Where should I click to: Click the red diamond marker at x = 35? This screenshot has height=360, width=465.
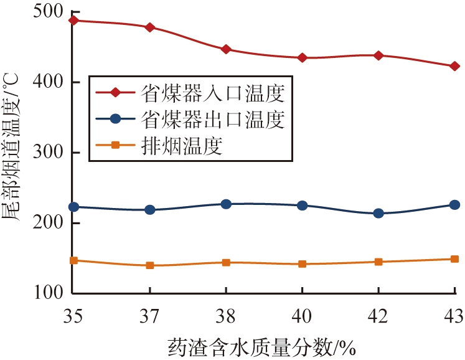coord(73,21)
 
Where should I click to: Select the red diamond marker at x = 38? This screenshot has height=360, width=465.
coord(226,49)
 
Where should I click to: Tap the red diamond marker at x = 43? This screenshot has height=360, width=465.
coord(454,66)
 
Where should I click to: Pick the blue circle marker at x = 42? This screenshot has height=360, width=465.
coord(378,214)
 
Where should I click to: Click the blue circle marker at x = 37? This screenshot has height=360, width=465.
coord(149,210)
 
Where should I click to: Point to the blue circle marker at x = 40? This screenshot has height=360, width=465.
coord(302,206)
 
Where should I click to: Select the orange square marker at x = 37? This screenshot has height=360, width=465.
coord(149,265)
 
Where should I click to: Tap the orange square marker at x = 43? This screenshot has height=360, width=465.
coord(454,259)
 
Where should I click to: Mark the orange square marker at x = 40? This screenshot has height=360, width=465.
coord(302,264)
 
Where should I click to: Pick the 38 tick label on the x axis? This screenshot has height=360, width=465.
coord(226,316)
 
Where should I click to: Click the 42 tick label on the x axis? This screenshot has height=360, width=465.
coord(378,316)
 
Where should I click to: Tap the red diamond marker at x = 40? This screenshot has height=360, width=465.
coord(302,58)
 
